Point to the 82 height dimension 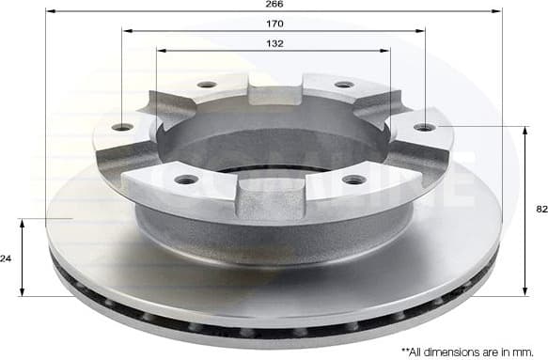click(x=540, y=211)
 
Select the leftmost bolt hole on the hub click(x=122, y=127)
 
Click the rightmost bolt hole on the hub click(x=425, y=127)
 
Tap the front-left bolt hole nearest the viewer click(x=187, y=179)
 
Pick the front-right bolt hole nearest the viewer click(x=353, y=179)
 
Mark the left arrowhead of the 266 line click(x=49, y=11)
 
